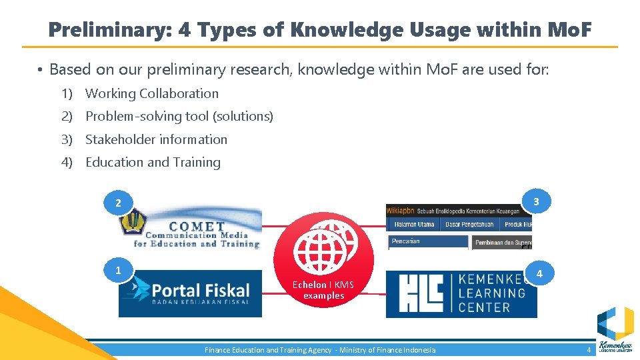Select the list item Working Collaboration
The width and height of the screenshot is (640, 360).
pyautogui.click(x=152, y=93)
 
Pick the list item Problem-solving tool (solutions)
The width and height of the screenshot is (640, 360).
pyautogui.click(x=179, y=116)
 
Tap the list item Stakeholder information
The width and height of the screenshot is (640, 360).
pyautogui.click(x=156, y=139)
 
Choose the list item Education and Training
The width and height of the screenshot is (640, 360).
pyautogui.click(x=153, y=162)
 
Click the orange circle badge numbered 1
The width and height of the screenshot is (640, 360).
pyautogui.click(x=119, y=270)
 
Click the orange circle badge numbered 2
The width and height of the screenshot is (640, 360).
pyautogui.click(x=119, y=202)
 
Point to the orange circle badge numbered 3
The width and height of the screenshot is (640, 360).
pyautogui.click(x=536, y=201)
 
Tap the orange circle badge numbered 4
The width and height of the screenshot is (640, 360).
pyautogui.click(x=539, y=274)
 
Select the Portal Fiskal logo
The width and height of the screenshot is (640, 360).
pyautogui.click(x=191, y=293)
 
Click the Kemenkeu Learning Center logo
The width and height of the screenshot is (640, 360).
pyautogui.click(x=461, y=293)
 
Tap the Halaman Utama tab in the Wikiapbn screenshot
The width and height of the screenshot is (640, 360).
pyautogui.click(x=414, y=225)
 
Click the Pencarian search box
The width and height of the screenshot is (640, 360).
pyautogui.click(x=427, y=241)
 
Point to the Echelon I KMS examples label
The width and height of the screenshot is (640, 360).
pyautogui.click(x=323, y=290)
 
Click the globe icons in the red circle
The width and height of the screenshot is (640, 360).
pyautogui.click(x=323, y=247)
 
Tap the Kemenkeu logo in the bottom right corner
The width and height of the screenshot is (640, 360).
pyautogui.click(x=615, y=331)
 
